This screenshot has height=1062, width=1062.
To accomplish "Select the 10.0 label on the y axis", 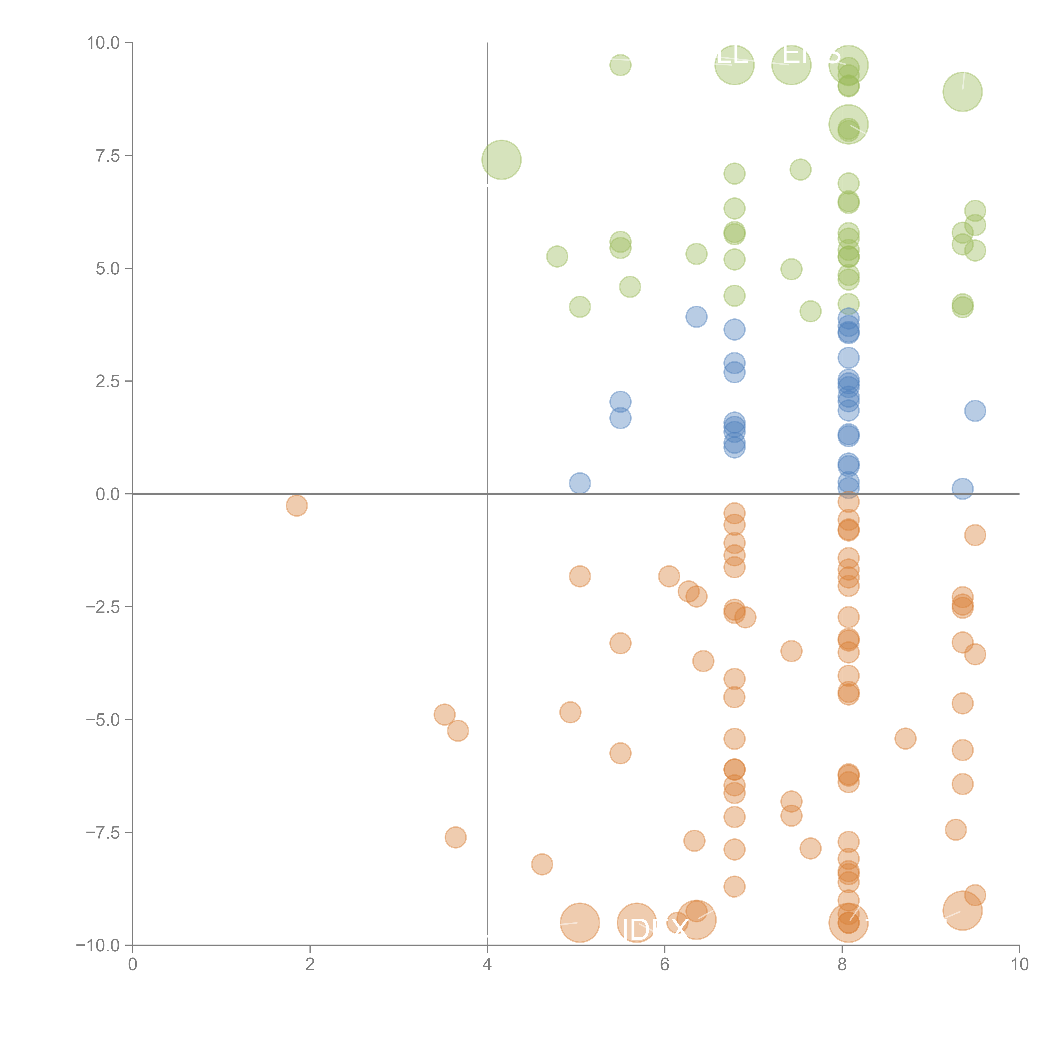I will (x=103, y=43).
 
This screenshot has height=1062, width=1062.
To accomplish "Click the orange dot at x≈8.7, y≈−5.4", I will (x=905, y=738).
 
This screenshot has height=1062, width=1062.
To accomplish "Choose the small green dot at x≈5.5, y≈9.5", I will (x=620, y=65).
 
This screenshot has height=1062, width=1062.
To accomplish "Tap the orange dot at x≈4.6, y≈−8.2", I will (x=542, y=864).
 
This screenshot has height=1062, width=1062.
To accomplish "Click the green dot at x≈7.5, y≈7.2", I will (x=800, y=169).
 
